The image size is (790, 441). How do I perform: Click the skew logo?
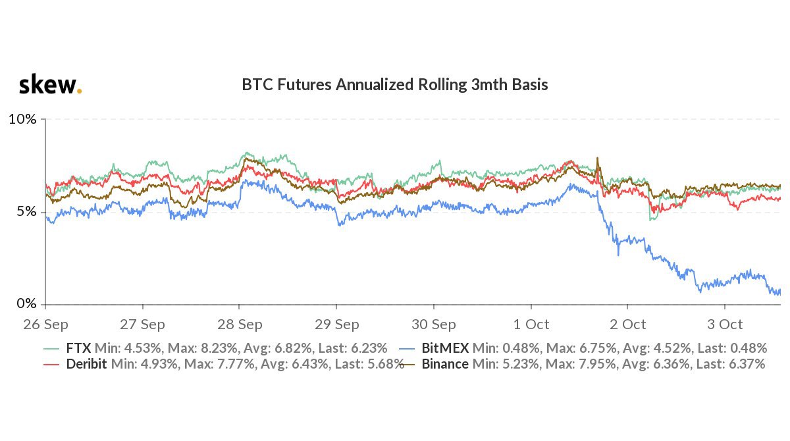(x=49, y=85)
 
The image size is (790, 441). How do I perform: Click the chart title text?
(x=395, y=85)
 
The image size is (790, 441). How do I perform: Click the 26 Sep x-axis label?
(x=46, y=324)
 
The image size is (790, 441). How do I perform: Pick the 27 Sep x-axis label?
(x=143, y=324)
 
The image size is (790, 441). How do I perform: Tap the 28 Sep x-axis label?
(x=240, y=324)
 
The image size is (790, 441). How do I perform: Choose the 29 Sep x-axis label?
(x=336, y=324)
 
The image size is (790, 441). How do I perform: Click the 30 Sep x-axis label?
(x=433, y=324)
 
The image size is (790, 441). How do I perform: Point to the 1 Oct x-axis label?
(x=531, y=324)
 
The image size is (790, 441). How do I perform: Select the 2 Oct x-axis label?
(x=627, y=324)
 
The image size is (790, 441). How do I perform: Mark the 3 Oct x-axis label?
(x=724, y=324)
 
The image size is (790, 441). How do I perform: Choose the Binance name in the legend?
(x=445, y=364)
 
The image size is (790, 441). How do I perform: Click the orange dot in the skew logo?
(x=80, y=91)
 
